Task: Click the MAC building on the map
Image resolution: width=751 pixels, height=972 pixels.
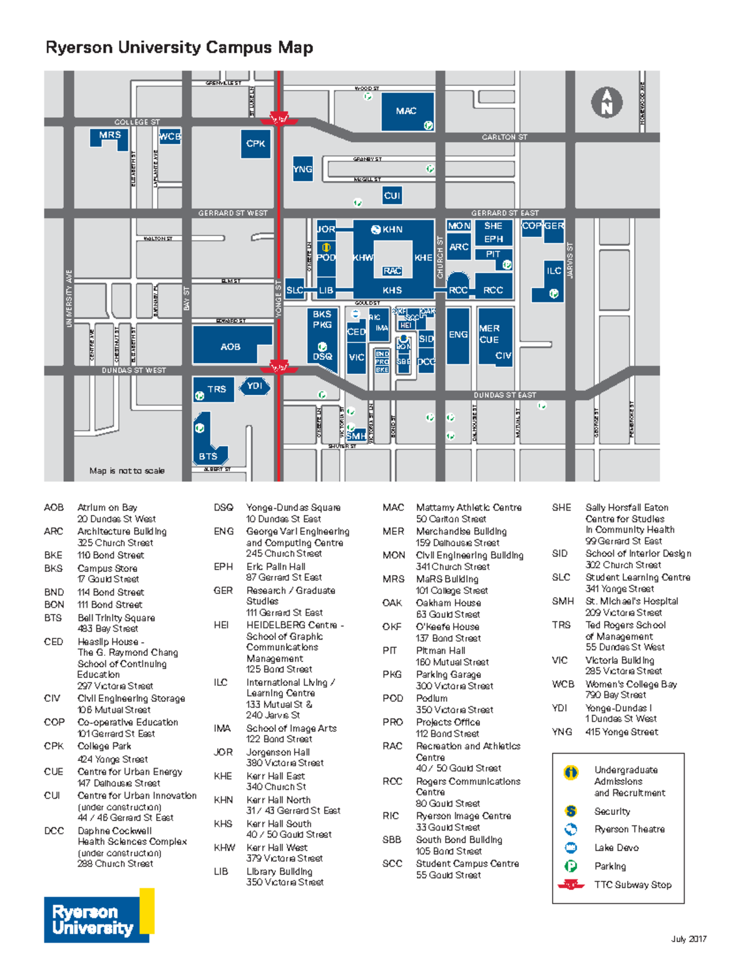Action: tap(407, 111)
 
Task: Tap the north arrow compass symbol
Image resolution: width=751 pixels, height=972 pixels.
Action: tap(606, 103)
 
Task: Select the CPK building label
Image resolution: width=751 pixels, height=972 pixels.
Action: tap(255, 144)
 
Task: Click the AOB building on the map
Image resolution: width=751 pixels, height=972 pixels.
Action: tap(230, 347)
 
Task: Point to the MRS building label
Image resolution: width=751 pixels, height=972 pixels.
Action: tap(110, 135)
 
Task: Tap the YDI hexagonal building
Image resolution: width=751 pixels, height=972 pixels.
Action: tap(254, 386)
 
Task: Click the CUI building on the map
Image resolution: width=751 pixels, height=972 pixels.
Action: tap(392, 196)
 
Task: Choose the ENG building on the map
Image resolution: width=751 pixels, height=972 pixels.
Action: tap(458, 335)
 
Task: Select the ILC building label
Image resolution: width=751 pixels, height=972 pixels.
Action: tap(554, 271)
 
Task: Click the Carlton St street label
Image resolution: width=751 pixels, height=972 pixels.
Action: tap(504, 137)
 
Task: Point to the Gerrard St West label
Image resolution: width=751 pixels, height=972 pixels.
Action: tap(233, 213)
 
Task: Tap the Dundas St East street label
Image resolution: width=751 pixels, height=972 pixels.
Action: tap(504, 395)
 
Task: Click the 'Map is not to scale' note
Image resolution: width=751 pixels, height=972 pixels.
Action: tap(127, 471)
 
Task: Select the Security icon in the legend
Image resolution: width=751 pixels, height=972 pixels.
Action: tap(571, 811)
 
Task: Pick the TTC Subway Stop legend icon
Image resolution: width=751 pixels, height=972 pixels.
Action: tap(571, 885)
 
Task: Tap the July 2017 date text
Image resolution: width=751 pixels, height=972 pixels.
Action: tap(689, 939)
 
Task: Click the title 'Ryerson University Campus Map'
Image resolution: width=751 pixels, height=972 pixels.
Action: tap(179, 48)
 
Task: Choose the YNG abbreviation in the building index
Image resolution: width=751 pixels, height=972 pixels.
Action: tap(561, 732)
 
